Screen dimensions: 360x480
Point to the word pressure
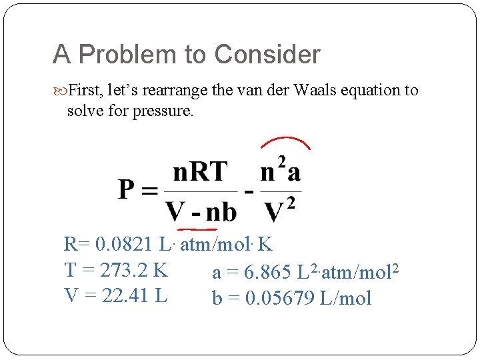160,110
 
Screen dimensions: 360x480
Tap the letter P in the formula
129,190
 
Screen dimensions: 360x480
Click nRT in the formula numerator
200,173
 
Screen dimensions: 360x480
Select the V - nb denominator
201,212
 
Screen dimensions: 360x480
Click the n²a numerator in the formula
281,172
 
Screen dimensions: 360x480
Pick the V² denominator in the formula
280,211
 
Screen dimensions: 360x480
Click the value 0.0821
125,245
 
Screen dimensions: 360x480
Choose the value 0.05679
280,298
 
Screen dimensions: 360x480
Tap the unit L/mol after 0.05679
345,298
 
